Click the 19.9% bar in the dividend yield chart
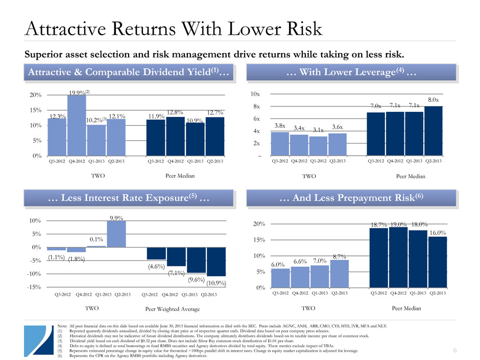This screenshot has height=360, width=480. [x=77, y=125]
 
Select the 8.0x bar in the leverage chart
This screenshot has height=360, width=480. [x=433, y=131]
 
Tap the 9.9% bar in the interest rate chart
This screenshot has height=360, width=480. [x=116, y=234]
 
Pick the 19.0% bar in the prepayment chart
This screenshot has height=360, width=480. [x=398, y=258]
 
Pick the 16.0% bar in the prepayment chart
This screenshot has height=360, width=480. [x=438, y=262]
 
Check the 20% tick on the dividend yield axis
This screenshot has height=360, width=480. [x=34, y=95]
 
